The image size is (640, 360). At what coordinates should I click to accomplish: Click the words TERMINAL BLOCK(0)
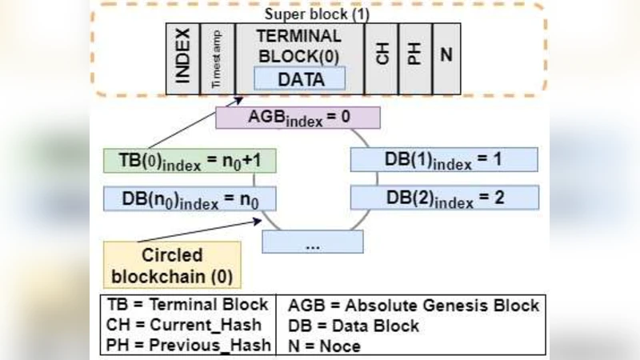(299, 46)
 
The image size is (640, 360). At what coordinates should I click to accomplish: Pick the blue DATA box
(300, 79)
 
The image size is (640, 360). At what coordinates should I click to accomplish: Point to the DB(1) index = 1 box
(443, 158)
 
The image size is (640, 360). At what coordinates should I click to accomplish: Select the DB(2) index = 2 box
(443, 196)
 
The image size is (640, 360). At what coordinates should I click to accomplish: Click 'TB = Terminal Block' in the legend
(186, 306)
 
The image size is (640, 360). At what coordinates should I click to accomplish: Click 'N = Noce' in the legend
(323, 346)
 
